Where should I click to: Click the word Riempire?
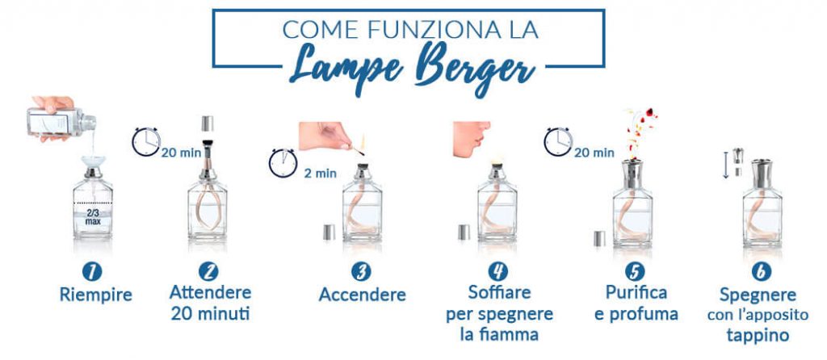[x=94, y=295]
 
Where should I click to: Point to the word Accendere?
[x=362, y=295]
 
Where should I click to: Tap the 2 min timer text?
[x=320, y=172]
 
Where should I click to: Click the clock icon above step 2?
[x=145, y=141]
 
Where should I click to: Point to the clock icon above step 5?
[x=557, y=141]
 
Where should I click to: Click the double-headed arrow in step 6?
[x=724, y=162]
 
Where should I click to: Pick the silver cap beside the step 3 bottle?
[x=329, y=232]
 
